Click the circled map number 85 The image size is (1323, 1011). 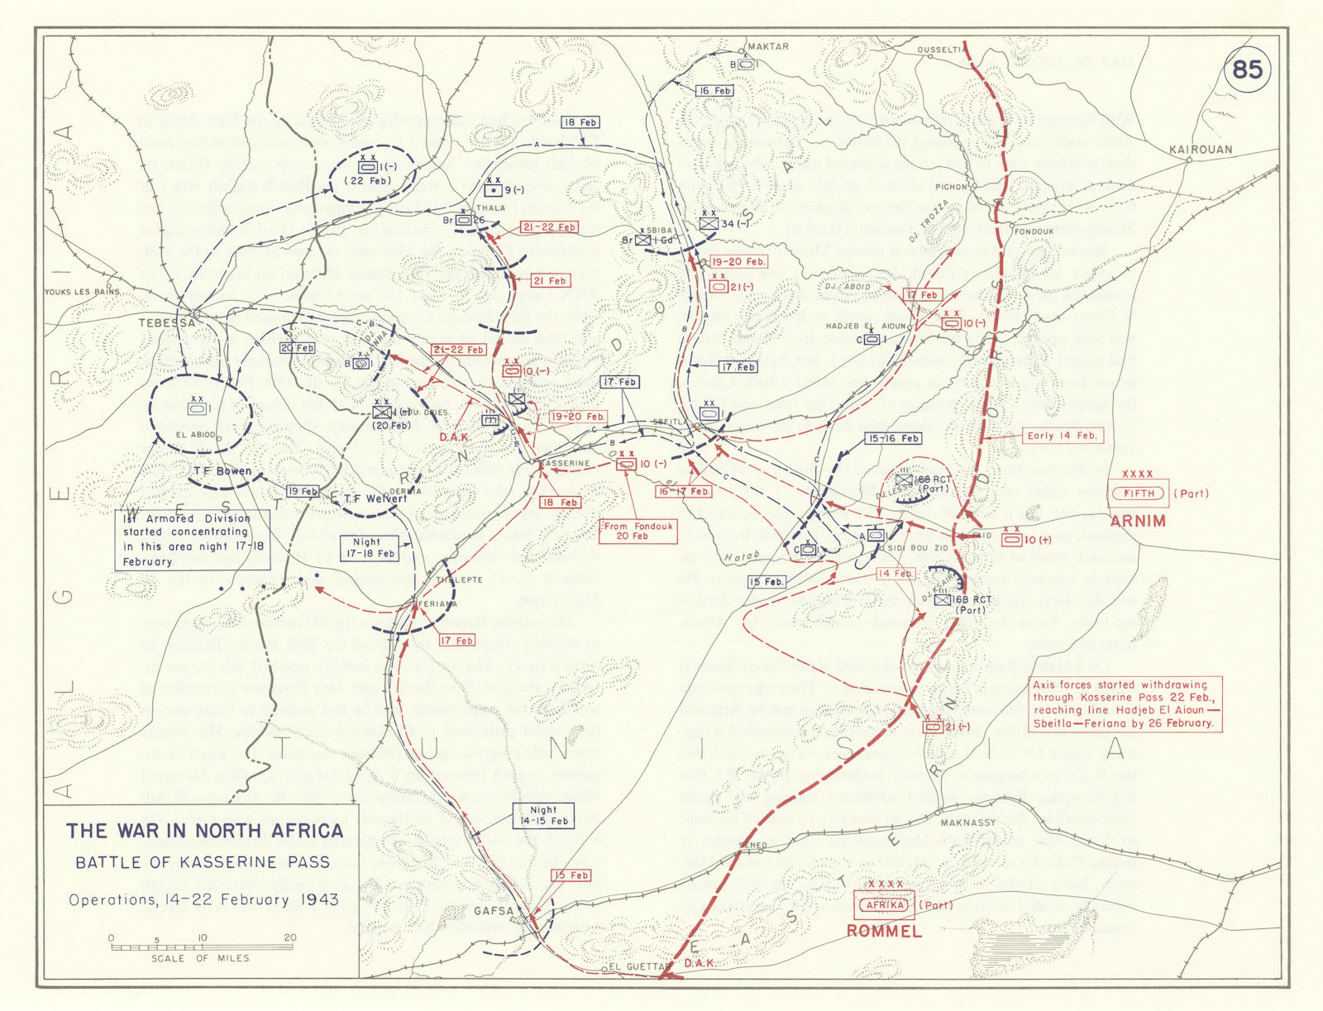click(1247, 69)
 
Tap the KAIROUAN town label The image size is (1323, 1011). click(1201, 150)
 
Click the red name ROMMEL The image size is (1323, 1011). click(883, 932)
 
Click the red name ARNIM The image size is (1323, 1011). click(1138, 522)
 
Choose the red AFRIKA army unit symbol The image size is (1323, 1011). click(884, 904)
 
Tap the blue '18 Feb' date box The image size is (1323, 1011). click(580, 122)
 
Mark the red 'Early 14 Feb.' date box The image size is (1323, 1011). click(1062, 436)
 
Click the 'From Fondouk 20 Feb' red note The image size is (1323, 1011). click(632, 531)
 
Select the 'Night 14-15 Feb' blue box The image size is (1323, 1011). click(543, 816)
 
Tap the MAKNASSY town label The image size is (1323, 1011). click(967, 823)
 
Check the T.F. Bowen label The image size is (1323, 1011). click(222, 471)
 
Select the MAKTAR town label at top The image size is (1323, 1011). click(767, 46)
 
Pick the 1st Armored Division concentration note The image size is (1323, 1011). click(185, 540)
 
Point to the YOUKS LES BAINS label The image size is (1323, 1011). click(82, 292)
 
